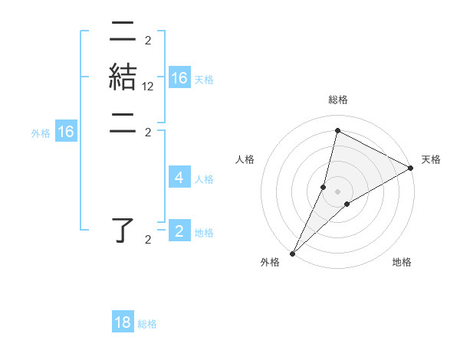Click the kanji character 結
tap(123, 78)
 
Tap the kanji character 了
tap(123, 231)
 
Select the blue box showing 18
tap(123, 322)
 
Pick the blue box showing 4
tap(179, 178)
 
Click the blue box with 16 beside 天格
tap(179, 78)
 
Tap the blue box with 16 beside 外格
tap(66, 132)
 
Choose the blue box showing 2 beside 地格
tap(179, 231)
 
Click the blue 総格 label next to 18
tap(147, 325)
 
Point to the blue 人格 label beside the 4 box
tap(204, 179)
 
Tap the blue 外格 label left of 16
tap(41, 133)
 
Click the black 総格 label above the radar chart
tap(337, 100)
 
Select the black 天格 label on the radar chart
tap(431, 159)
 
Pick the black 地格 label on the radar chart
tap(402, 263)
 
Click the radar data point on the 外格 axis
tap(293, 254)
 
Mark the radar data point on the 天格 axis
tap(410, 168)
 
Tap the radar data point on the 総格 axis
tap(337, 131)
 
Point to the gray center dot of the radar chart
tap(337, 191)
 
